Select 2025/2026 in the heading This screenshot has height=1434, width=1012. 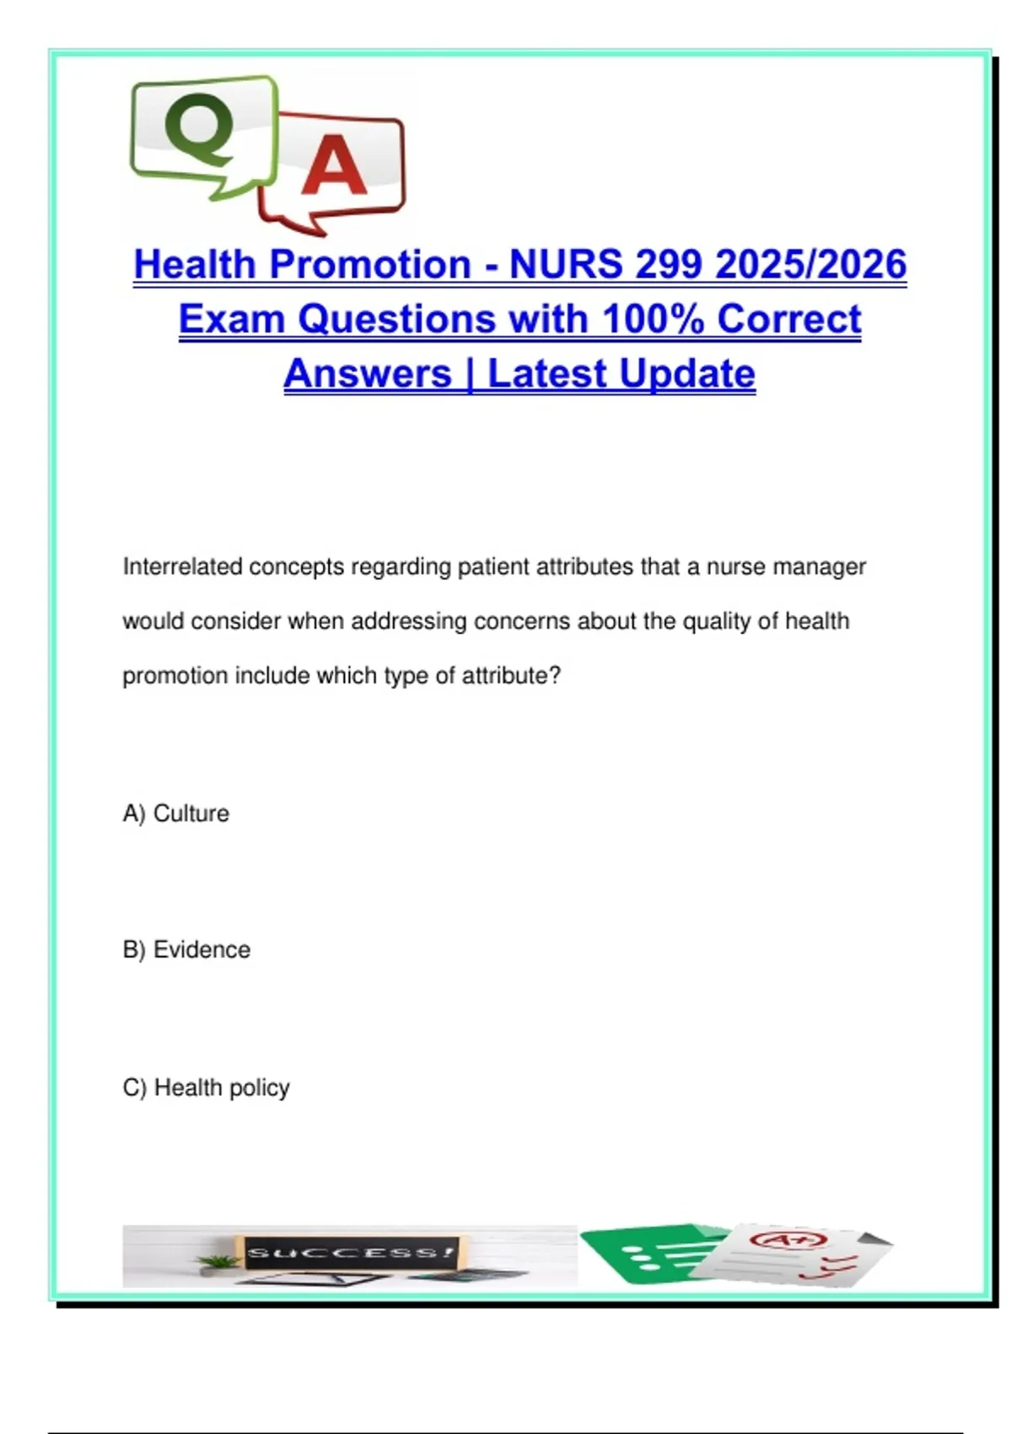tap(810, 264)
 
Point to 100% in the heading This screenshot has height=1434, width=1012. tap(653, 319)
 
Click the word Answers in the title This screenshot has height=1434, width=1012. tap(368, 374)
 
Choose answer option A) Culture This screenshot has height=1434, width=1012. tap(175, 813)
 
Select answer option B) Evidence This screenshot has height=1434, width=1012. tap(186, 950)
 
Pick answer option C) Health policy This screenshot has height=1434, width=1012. tap(206, 1088)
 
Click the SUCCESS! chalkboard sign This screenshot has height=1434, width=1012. tap(349, 1253)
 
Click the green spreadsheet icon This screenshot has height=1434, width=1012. tap(649, 1255)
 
